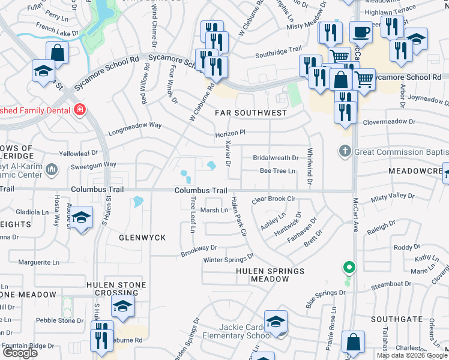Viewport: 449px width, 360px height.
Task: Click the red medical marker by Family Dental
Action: (79, 110)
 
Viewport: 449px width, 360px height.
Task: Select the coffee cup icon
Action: (361, 31)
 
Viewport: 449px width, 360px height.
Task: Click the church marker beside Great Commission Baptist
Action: (345, 151)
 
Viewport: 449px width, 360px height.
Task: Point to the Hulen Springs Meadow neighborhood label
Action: (270, 275)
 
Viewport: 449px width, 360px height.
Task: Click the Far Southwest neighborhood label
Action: (252, 113)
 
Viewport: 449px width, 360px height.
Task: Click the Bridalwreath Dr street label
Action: (276, 158)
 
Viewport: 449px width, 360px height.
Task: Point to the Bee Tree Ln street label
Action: (277, 171)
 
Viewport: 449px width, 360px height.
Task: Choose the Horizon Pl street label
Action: (231, 134)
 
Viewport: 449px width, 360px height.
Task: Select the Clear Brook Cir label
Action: (274, 199)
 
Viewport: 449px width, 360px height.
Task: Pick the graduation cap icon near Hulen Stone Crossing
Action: (122, 307)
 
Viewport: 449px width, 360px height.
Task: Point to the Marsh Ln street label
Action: (214, 210)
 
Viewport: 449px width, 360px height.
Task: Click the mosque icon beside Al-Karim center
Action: (51, 170)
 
